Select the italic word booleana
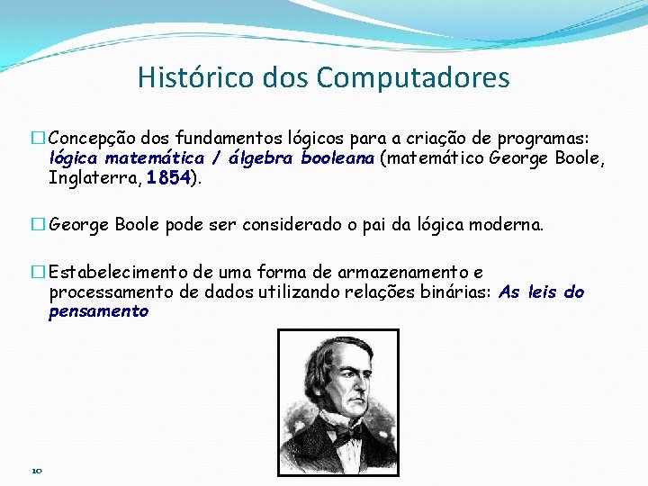point(338,158)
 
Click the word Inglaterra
point(94,178)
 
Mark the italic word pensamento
point(98,311)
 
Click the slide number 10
point(37,470)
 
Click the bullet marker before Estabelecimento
point(38,273)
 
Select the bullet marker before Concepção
point(38,139)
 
